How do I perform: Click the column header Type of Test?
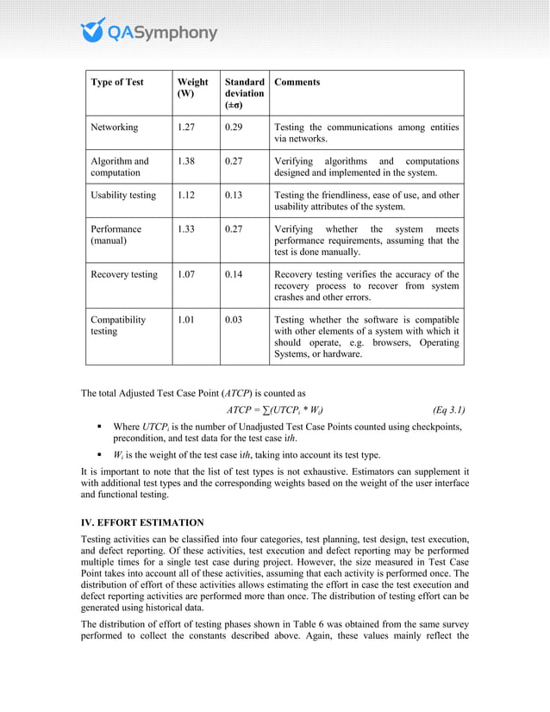coord(117,83)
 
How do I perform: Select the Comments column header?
coord(297,83)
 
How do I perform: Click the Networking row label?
coord(115,128)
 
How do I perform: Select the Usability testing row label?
coord(123,196)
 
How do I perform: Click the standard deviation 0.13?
coord(234,196)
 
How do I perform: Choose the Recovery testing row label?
coord(124,275)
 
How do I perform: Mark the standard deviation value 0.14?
coord(234,275)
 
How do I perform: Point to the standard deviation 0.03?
coord(234,320)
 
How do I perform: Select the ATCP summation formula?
coord(275,409)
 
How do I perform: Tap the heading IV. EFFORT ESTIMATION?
coord(142,522)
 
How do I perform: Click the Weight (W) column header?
coord(192,89)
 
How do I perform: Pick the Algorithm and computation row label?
coord(120,167)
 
